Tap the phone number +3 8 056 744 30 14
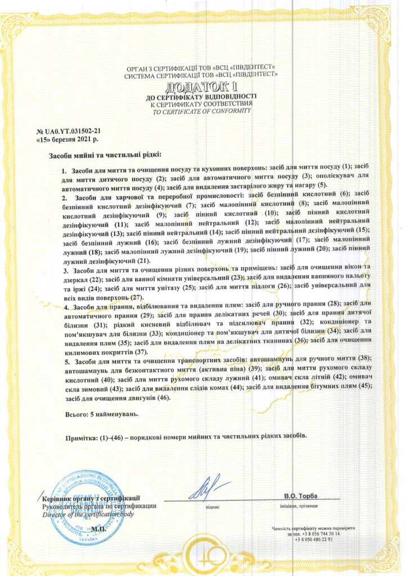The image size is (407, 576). [x=319, y=533]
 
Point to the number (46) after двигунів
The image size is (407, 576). [x=163, y=398]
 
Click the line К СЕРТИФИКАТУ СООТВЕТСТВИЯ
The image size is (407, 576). [x=203, y=104]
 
